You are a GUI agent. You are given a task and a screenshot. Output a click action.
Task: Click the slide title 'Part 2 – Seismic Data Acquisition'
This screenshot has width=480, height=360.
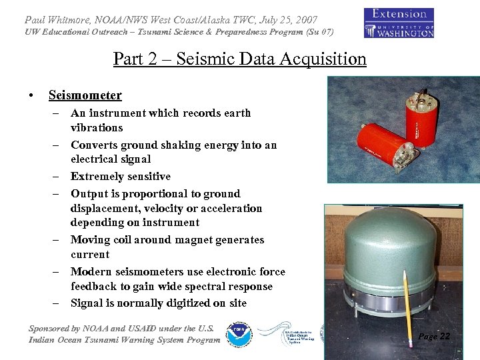[x=240, y=59]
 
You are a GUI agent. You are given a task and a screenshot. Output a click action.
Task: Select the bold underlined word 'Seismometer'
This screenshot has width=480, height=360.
[x=85, y=95]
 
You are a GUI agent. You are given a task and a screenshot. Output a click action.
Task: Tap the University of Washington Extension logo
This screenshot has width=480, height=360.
[x=399, y=22]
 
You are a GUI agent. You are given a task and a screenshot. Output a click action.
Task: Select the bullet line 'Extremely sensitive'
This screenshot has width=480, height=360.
[x=121, y=177]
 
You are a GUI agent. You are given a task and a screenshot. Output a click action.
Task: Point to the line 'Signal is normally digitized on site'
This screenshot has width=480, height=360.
[x=159, y=303]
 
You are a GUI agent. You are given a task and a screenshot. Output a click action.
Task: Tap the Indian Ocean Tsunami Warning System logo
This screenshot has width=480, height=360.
[x=285, y=333]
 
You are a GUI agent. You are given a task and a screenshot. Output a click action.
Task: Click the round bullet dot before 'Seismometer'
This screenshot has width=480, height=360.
[x=32, y=96]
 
